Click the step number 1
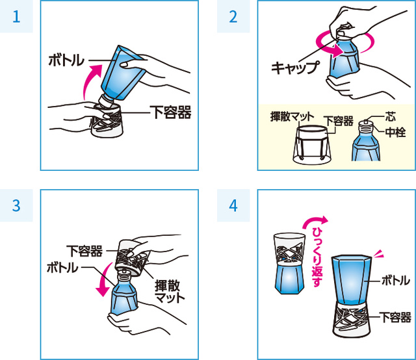point(16,16)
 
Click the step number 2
point(233,16)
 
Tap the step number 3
point(16,205)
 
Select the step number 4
point(233,205)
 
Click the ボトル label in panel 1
point(66,60)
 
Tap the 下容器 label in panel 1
point(170,112)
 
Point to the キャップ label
point(295,68)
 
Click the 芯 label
point(391,116)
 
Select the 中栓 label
point(395,132)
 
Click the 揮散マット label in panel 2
point(292,116)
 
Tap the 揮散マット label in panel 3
point(170,292)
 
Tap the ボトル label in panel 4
point(396,280)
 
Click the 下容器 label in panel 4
point(395,317)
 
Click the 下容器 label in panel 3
point(84,251)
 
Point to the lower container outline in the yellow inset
point(312,145)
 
